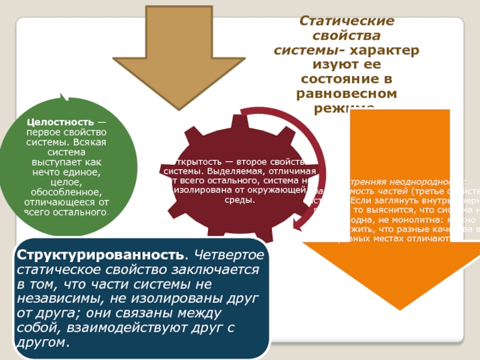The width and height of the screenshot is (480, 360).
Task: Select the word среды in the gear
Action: (x=236, y=200)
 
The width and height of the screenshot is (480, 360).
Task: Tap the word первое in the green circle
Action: (x=43, y=133)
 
